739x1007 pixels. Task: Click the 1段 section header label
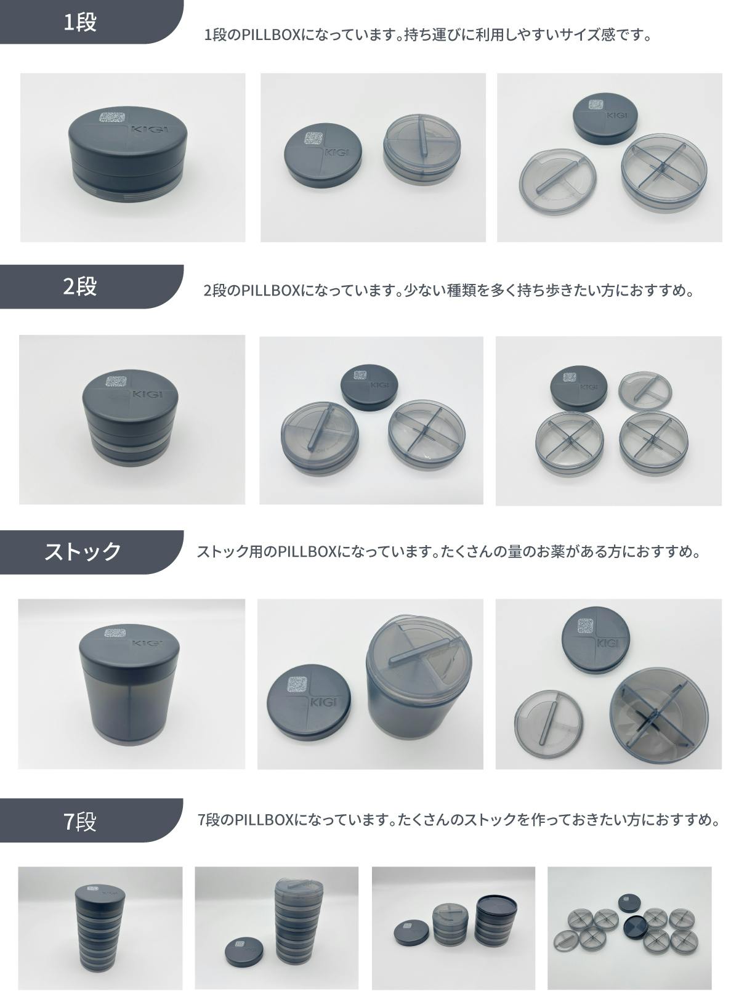[80, 22]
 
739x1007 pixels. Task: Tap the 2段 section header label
[80, 286]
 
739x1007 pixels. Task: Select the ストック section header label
[83, 552]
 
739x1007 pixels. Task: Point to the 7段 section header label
[80, 821]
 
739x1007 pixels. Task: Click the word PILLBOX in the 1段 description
[270, 34]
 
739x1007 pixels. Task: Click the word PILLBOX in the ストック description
[307, 551]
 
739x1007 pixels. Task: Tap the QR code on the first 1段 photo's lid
[111, 118]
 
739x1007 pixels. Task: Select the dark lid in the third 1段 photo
[605, 119]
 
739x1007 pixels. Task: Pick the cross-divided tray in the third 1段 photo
[664, 173]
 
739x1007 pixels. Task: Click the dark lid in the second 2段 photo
[369, 387]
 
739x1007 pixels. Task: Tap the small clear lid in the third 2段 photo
[645, 390]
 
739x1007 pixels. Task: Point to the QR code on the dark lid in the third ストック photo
[586, 626]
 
